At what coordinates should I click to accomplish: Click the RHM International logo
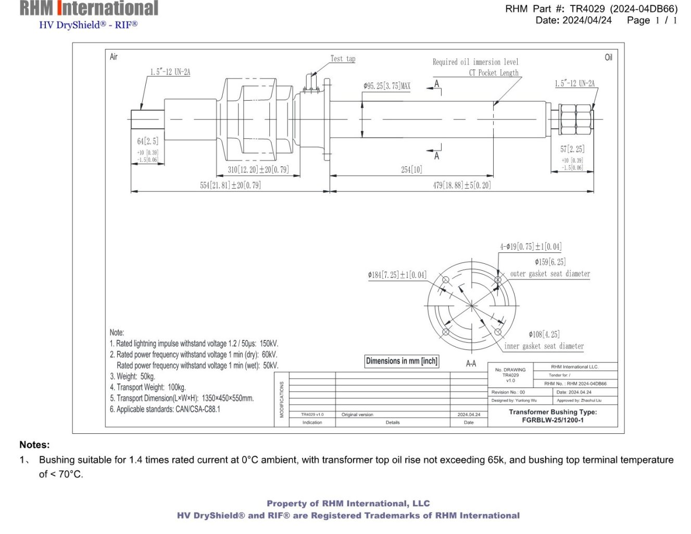pyautogui.click(x=89, y=9)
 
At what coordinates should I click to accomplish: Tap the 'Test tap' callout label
pyautogui.click(x=343, y=59)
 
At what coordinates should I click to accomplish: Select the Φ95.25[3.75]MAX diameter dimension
pyautogui.click(x=387, y=86)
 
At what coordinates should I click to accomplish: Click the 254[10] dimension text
pyautogui.click(x=411, y=169)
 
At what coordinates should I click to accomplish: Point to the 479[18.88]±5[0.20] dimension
pyautogui.click(x=461, y=185)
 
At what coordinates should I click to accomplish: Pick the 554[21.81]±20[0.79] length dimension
pyautogui.click(x=230, y=185)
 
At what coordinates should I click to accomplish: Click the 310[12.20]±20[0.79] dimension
pyautogui.click(x=258, y=169)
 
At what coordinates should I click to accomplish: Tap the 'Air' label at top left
pyautogui.click(x=114, y=57)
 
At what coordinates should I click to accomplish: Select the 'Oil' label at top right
pyautogui.click(x=608, y=57)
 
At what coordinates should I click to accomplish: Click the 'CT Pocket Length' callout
pyautogui.click(x=493, y=73)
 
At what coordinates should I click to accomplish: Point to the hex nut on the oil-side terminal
pyautogui.click(x=575, y=119)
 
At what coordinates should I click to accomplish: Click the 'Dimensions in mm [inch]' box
pyautogui.click(x=401, y=361)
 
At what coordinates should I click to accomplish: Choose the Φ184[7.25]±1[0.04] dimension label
pyautogui.click(x=397, y=275)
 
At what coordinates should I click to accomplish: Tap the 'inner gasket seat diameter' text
pyautogui.click(x=544, y=346)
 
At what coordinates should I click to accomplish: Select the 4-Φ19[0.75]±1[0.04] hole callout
pyautogui.click(x=531, y=247)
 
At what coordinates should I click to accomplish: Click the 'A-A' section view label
pyautogui.click(x=471, y=363)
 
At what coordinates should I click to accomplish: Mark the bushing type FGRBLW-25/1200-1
pyautogui.click(x=552, y=420)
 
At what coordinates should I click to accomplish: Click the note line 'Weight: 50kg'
pyautogui.click(x=132, y=376)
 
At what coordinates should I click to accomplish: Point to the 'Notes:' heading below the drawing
pyautogui.click(x=34, y=445)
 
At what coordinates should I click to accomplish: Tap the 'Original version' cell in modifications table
pyautogui.click(x=357, y=415)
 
